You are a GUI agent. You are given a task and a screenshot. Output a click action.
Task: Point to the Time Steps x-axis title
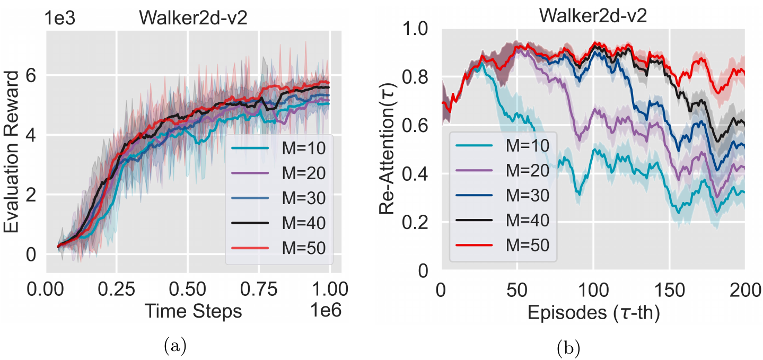(x=194, y=312)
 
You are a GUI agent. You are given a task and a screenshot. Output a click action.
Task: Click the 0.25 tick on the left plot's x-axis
(x=117, y=291)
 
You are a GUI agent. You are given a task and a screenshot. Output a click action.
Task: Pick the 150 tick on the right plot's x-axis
(x=669, y=291)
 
